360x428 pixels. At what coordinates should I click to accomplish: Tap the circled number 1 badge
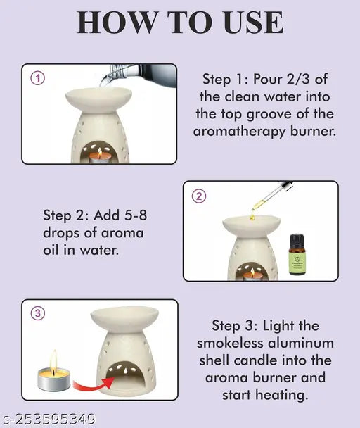coord(38,78)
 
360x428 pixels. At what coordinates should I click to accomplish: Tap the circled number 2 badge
coord(199,196)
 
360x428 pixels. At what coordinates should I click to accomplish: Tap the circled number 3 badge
coord(38,313)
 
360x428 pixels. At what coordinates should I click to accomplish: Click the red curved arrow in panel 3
coord(93,384)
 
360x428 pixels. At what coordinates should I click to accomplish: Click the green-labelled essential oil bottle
coord(297,254)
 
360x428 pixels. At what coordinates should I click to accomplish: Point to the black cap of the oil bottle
coord(297,239)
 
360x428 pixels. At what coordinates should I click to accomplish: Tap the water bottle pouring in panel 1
coord(139,74)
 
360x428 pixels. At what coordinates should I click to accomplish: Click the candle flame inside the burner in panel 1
coord(100,152)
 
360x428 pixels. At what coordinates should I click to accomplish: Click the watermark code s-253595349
coord(48,419)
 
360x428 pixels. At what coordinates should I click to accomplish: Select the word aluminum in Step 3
coord(301,343)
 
